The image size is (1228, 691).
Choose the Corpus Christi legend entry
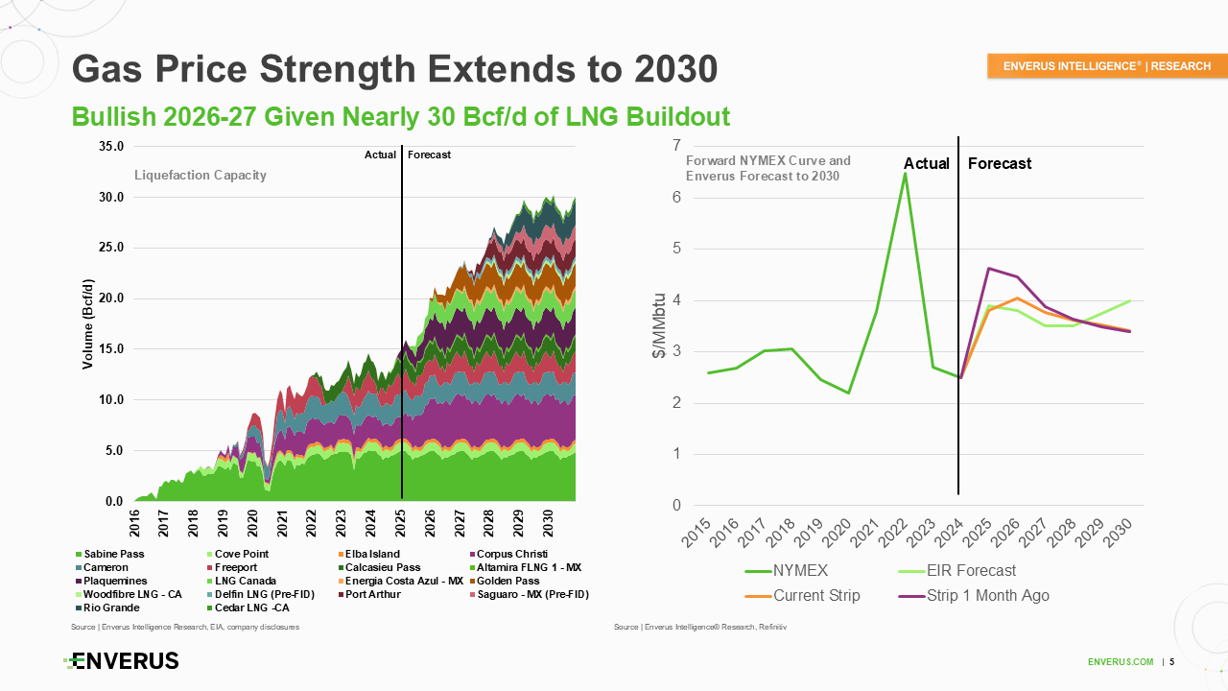[511, 554]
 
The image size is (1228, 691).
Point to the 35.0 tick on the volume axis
[110, 147]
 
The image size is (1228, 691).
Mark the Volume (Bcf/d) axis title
[87, 323]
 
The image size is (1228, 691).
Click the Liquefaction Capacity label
[200, 175]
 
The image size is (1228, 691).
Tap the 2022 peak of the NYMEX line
[905, 174]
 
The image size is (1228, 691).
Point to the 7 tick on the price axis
[676, 146]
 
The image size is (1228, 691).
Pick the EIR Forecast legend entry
[972, 571]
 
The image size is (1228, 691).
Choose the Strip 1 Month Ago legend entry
[987, 596]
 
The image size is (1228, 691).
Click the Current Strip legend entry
[816, 596]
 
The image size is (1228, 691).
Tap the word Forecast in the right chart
[999, 164]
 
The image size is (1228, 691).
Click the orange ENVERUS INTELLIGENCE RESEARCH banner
[1106, 66]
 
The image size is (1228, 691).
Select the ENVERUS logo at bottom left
[122, 661]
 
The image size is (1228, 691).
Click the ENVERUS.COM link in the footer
[1121, 662]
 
